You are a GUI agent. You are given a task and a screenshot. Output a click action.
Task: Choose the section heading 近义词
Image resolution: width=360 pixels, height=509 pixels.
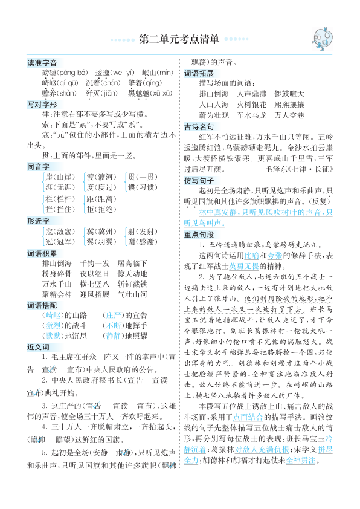tap(38, 348)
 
